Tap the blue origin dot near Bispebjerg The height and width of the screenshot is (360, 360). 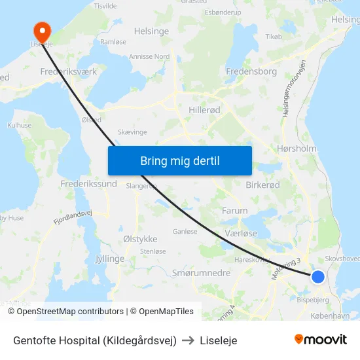tap(317, 277)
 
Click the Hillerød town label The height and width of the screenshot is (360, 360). tap(204, 111)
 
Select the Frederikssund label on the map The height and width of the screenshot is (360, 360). tap(88, 184)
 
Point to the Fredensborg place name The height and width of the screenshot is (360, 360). tap(251, 71)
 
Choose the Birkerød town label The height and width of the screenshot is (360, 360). tap(262, 185)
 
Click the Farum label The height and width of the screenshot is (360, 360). tap(234, 211)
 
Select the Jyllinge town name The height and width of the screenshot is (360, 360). tap(109, 259)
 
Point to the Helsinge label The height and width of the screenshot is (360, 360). tap(151, 31)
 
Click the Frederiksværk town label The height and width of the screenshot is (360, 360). tap(69, 71)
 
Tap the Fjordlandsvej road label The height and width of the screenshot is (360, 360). tap(73, 218)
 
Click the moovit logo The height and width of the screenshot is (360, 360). tap(320, 339)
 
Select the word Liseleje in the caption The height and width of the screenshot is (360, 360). tap(219, 340)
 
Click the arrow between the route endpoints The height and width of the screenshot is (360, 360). tap(187, 340)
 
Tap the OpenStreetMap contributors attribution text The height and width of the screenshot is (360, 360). tap(70, 312)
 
